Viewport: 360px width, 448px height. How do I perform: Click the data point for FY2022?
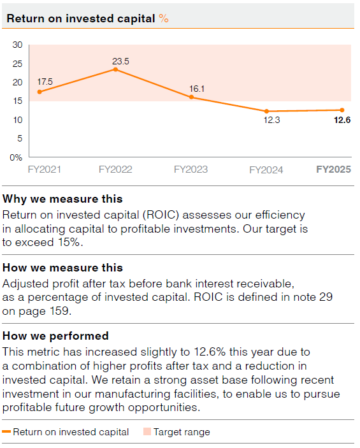point(115,69)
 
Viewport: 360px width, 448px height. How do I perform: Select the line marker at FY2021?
point(40,92)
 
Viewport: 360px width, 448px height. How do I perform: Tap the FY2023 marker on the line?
point(191,97)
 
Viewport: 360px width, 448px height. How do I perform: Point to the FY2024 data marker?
point(266,111)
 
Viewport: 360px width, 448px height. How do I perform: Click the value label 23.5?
point(120,61)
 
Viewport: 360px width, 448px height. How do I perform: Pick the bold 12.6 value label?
point(343,120)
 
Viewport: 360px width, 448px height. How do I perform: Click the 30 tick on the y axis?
point(17,45)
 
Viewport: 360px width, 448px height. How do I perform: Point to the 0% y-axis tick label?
point(16,157)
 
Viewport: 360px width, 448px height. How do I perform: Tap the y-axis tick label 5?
point(19,138)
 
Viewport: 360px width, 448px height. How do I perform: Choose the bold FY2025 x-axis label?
point(334,170)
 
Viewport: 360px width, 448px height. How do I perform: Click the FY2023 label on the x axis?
point(191,170)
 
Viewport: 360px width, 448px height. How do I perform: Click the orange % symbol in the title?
point(164,18)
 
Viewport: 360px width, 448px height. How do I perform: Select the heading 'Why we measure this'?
point(62,199)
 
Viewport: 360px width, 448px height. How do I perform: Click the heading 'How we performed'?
point(55,336)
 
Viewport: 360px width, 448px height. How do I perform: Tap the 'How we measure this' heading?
point(62,268)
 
